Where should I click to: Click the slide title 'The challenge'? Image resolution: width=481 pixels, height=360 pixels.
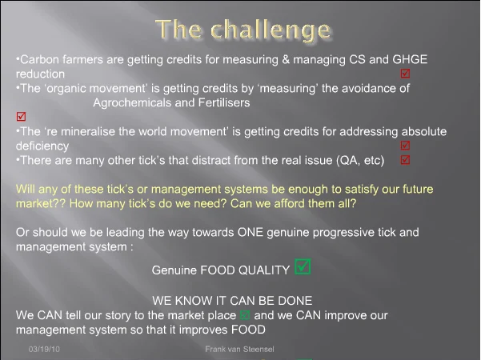point(244,30)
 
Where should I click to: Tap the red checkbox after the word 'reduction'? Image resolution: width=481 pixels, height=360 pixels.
point(405,74)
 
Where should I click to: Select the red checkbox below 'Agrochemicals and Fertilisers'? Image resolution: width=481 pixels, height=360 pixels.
point(21,117)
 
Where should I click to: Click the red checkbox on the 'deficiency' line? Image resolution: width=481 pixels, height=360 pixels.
point(405,146)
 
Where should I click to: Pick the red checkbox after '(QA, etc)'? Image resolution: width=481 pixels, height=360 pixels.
point(405,160)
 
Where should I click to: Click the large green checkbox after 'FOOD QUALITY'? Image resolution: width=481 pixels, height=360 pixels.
point(303,266)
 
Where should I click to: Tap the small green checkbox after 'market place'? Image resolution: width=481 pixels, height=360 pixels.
point(245,315)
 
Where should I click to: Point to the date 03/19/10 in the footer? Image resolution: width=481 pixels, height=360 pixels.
point(44,349)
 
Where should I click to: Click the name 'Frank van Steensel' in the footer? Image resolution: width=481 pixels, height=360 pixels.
point(239,349)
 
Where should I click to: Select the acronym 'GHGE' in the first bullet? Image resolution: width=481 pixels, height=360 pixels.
point(410,59)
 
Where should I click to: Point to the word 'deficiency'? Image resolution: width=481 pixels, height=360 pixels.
point(42,146)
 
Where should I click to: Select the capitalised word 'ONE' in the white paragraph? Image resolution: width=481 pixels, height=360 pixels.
point(251,232)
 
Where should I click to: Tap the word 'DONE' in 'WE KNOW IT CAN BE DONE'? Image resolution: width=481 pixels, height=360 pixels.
point(295,301)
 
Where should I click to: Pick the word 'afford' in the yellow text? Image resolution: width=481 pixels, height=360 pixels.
point(288,203)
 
